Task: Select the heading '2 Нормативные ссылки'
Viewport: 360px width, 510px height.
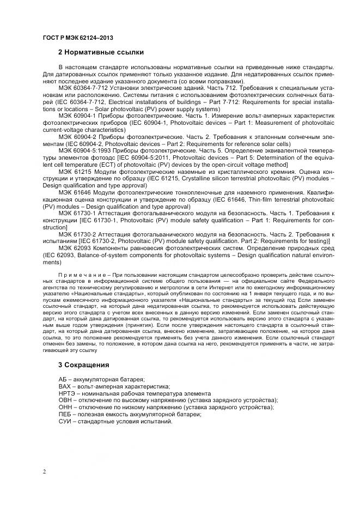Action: click(101, 53)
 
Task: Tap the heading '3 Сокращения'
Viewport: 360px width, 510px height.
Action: click(83, 365)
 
